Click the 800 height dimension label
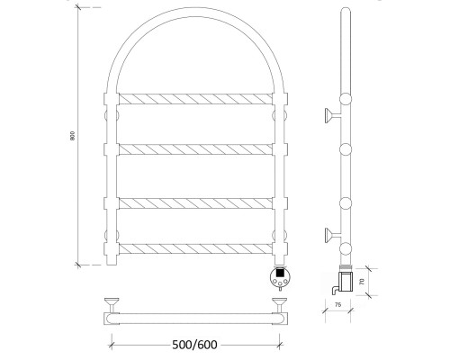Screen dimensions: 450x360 pos(72,136)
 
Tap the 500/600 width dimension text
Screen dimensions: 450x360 pos(194,345)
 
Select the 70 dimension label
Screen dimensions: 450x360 pos(362,282)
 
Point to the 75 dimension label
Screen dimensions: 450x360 pos(337,305)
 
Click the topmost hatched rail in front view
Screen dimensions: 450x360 pos(195,99)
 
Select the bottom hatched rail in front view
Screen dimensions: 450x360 pos(195,248)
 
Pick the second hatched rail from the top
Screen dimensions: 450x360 pos(195,149)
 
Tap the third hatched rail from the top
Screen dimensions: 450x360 pos(195,203)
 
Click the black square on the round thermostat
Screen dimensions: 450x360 pos(280,273)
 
